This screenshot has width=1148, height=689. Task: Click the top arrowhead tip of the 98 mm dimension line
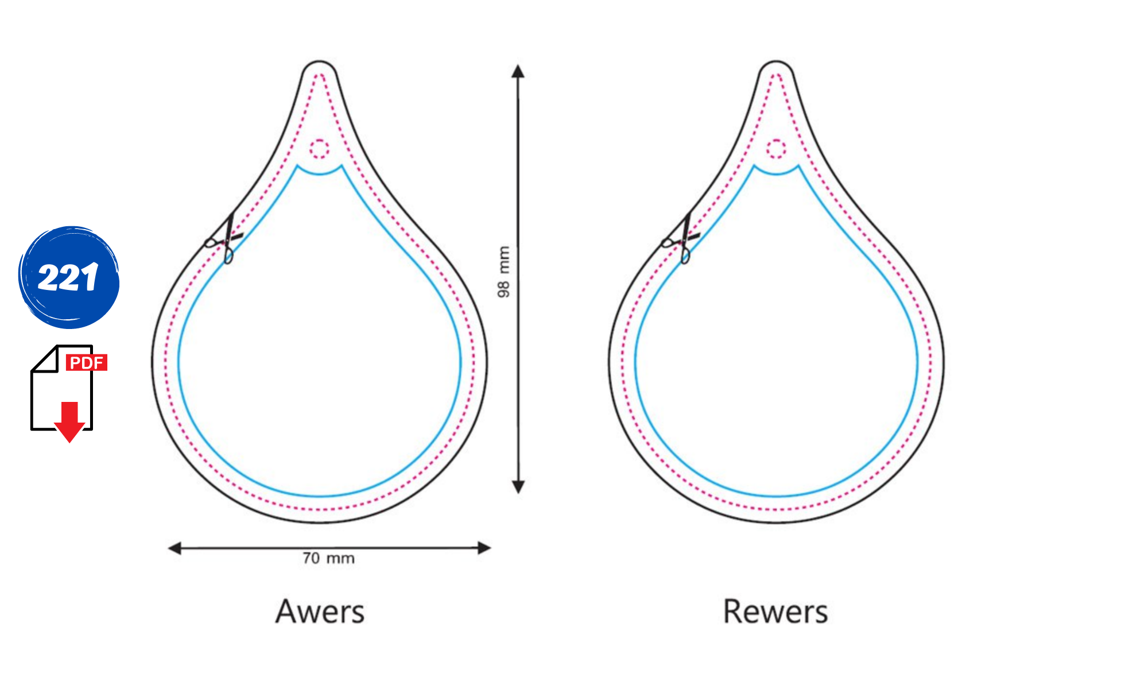point(518,64)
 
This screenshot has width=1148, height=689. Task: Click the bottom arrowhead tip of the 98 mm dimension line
point(518,494)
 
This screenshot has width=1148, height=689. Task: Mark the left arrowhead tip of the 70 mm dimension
point(168,548)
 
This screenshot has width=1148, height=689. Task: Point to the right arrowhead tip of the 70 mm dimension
point(492,548)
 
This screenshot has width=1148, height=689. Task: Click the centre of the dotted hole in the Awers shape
point(320,149)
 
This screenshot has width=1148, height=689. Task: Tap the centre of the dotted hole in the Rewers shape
point(776,149)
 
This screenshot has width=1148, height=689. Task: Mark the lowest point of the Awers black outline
point(320,522)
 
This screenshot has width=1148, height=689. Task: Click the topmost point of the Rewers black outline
point(776,60)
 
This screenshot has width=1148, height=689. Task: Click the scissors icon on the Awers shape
point(224,239)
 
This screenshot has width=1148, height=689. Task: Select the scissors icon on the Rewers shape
point(681,239)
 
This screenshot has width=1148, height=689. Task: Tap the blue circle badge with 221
point(69,277)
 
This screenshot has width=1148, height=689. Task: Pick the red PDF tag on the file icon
point(87,363)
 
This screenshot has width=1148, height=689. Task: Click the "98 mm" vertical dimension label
point(503,272)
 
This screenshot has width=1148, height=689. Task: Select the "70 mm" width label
point(328,558)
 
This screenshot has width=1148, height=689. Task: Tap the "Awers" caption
point(320,611)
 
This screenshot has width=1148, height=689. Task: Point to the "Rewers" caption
point(775,611)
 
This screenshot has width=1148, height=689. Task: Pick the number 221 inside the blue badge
point(68,277)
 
